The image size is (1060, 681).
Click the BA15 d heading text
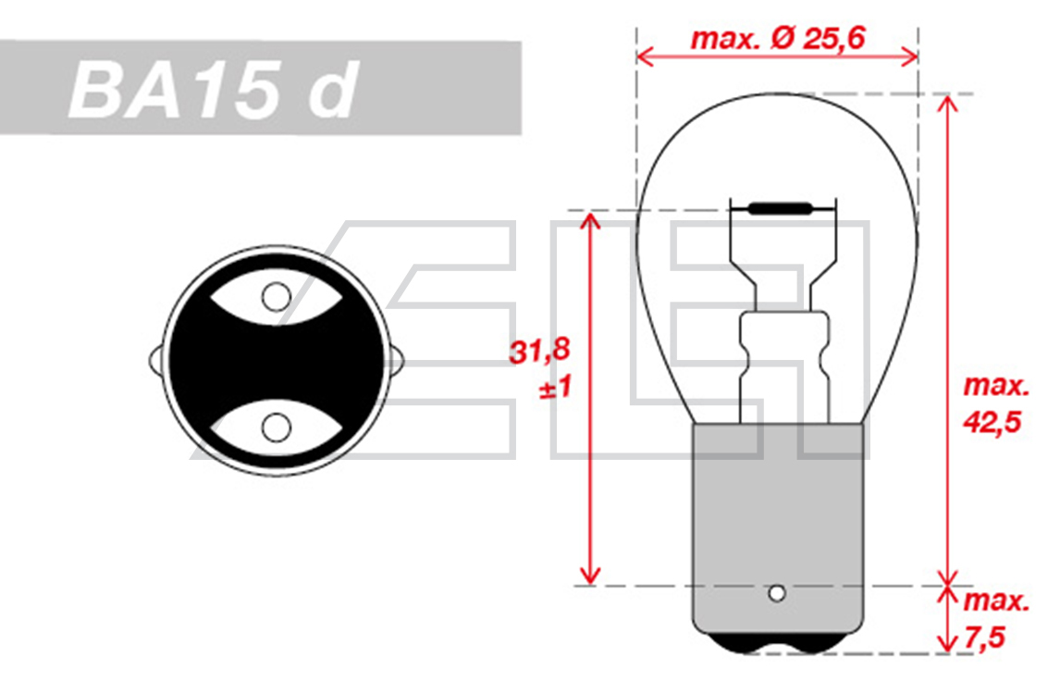click(213, 89)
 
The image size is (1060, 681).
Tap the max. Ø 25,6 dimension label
click(777, 38)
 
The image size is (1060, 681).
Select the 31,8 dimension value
click(539, 351)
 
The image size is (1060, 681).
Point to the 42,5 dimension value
click(991, 423)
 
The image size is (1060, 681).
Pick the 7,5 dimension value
click(985, 638)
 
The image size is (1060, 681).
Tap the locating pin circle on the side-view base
click(777, 594)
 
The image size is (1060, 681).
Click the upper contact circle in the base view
click(276, 296)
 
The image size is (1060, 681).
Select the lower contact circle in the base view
click(276, 427)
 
